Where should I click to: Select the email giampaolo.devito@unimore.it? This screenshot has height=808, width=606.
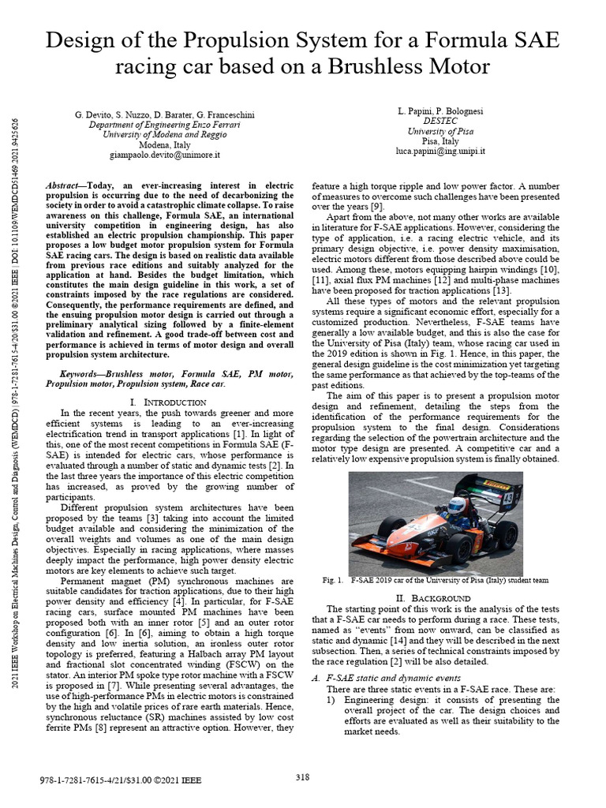click(165, 156)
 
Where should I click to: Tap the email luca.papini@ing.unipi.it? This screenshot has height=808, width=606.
click(441, 150)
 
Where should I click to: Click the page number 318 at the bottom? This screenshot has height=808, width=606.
click(302, 777)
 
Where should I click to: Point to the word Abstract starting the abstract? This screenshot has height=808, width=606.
click(65, 184)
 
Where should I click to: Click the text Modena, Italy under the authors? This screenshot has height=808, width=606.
click(165, 146)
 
